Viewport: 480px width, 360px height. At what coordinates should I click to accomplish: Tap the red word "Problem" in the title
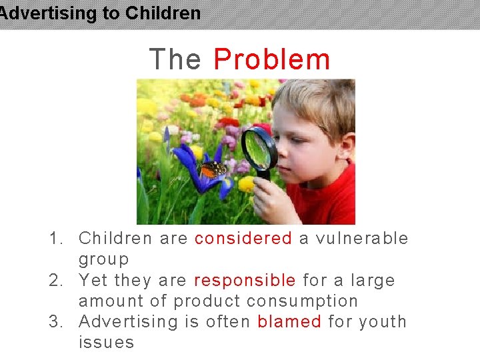(272, 59)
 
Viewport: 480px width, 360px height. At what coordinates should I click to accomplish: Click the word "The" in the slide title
(175, 59)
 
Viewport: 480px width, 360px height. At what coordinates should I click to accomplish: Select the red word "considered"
(243, 239)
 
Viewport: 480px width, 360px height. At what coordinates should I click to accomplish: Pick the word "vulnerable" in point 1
(363, 239)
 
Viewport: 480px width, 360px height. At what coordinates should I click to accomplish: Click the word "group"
(104, 260)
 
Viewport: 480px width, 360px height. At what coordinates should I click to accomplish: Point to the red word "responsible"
(245, 281)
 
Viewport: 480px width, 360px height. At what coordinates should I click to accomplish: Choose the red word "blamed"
(289, 322)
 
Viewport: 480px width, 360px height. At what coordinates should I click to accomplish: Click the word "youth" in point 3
(383, 322)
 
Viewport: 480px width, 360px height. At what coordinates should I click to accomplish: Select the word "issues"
(106, 343)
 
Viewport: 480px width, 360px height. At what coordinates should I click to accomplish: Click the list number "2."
(57, 281)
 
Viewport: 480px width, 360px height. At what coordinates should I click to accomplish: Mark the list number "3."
(57, 322)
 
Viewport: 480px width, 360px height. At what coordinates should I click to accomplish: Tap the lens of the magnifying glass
(259, 149)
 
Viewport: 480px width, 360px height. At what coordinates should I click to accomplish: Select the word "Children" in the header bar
(163, 13)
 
